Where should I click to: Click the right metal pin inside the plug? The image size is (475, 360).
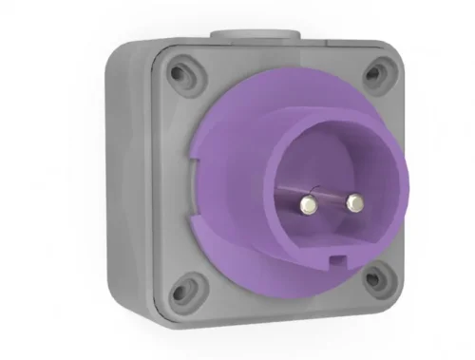coord(353,201)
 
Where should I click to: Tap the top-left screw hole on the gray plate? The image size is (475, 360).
coord(179,70)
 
